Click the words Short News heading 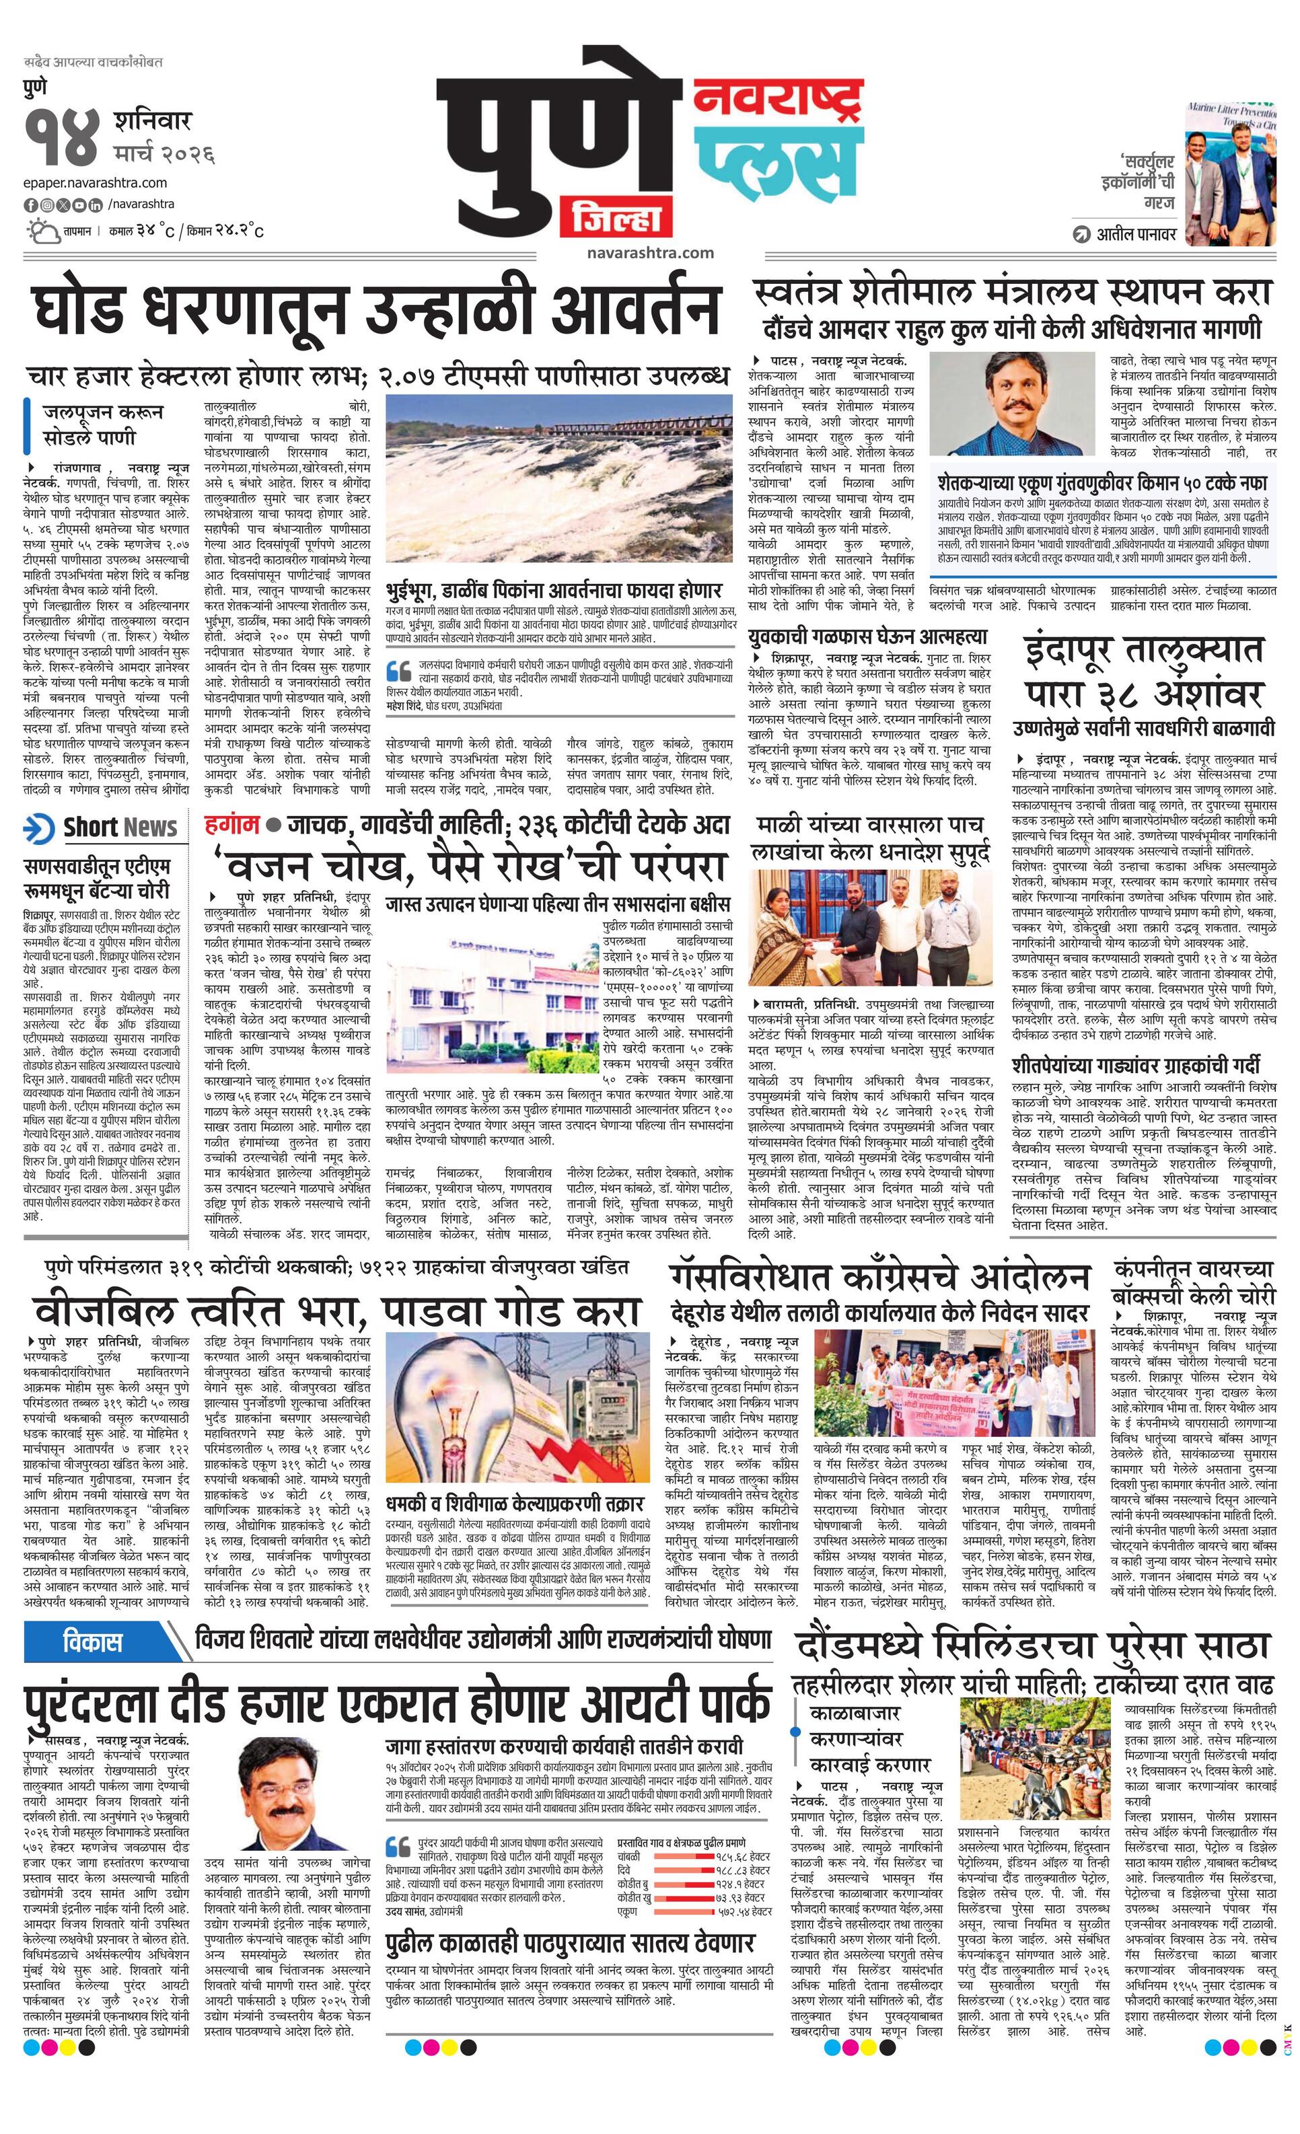pyautogui.click(x=120, y=827)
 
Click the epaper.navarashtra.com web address pyautogui.click(x=96, y=183)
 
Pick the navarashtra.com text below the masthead pyautogui.click(x=649, y=253)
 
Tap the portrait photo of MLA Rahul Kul pyautogui.click(x=1013, y=404)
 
